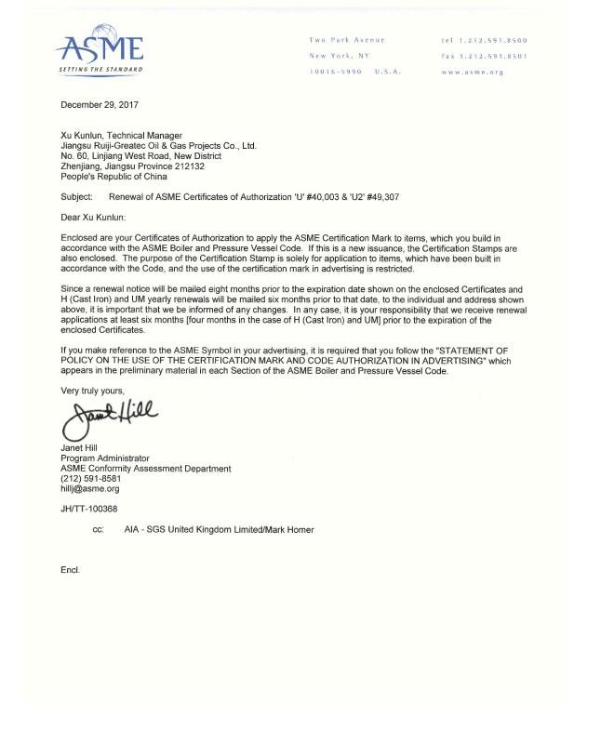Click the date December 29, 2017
pyautogui.click(x=100, y=105)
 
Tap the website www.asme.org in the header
pyautogui.click(x=472, y=72)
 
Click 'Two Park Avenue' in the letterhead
pyautogui.click(x=346, y=40)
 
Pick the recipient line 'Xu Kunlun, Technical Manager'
pyautogui.click(x=121, y=136)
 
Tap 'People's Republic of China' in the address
pyautogui.click(x=113, y=177)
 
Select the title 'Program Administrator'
pyautogui.click(x=104, y=458)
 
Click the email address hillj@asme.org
pyautogui.click(x=90, y=489)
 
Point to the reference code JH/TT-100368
pyautogui.click(x=89, y=509)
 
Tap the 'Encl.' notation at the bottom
pyautogui.click(x=71, y=570)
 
